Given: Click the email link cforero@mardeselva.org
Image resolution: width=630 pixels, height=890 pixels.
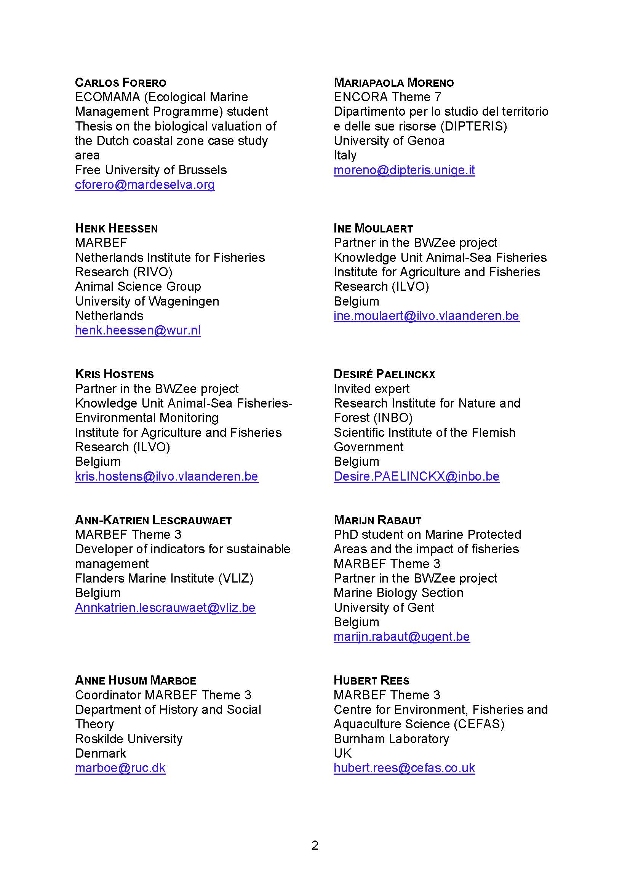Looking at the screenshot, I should tap(145, 185).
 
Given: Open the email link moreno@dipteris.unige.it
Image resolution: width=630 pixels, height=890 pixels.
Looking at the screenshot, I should tap(404, 170).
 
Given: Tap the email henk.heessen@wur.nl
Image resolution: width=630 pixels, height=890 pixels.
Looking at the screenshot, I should tap(138, 330).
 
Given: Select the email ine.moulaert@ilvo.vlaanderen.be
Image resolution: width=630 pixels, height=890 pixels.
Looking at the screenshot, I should tap(426, 316).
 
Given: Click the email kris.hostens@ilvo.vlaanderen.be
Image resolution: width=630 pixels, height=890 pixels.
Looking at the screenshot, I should tap(166, 476).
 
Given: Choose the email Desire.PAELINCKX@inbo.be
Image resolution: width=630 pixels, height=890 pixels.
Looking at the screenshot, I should tap(417, 476).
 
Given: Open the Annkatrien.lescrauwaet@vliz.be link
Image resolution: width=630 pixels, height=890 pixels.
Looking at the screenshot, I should tap(165, 608).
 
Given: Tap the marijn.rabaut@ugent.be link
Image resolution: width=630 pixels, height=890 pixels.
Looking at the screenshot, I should tap(401, 637).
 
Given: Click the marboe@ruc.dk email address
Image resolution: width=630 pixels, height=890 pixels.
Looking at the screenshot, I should tap(120, 768).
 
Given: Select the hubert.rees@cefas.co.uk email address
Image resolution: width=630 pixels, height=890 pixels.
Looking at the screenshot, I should tap(404, 768).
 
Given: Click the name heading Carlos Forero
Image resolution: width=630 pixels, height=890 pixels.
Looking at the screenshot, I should tap(121, 83).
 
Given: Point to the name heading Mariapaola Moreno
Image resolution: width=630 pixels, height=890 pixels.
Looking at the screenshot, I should tap(394, 83).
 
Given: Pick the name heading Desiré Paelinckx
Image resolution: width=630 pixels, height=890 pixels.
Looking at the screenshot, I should tap(384, 374).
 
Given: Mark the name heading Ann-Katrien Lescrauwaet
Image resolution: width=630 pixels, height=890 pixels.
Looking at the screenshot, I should tap(153, 520).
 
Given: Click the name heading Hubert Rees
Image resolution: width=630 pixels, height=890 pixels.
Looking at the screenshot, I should tap(371, 680).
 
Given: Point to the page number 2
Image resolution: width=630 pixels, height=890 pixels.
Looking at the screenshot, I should tap(315, 845).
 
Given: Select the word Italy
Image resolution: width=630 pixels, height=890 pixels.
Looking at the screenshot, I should tap(345, 156).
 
